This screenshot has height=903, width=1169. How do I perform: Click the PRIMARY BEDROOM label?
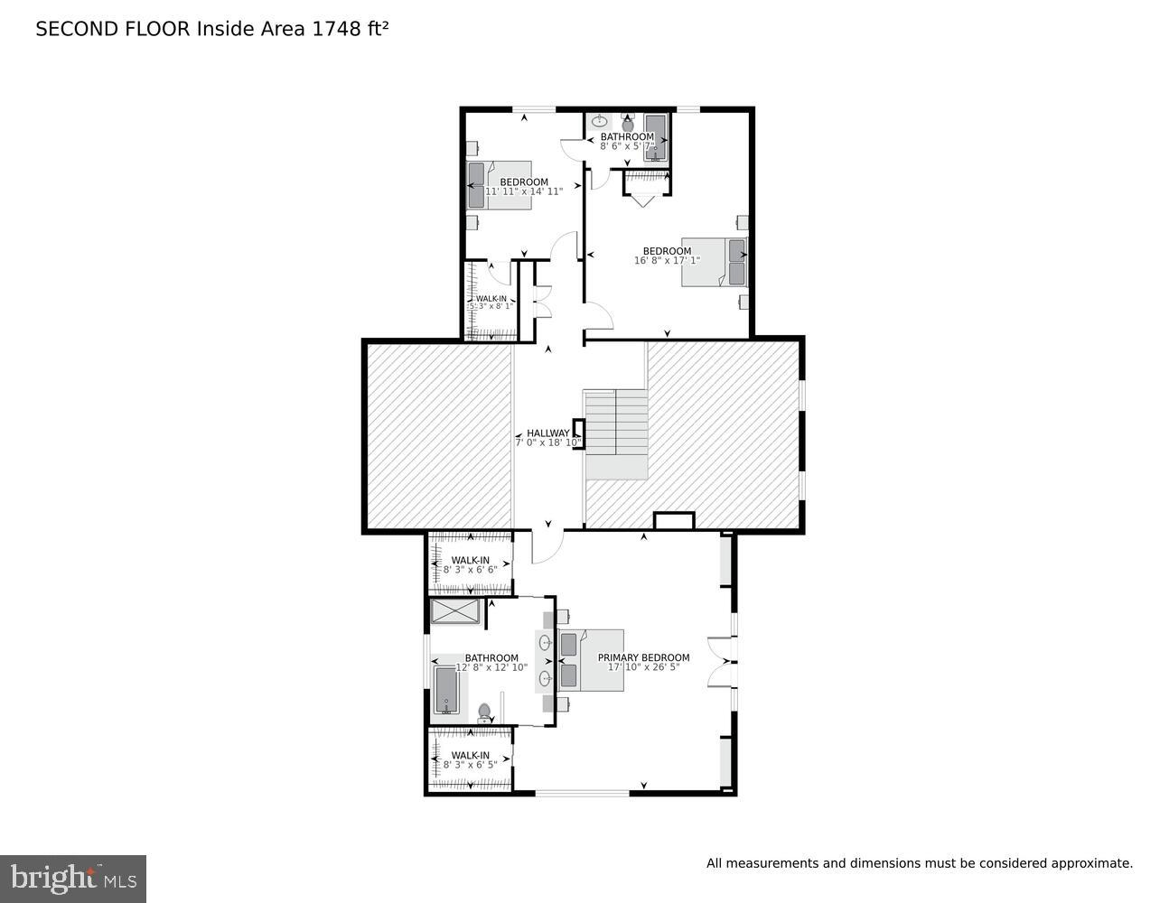(x=643, y=657)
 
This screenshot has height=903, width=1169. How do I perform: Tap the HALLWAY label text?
(x=547, y=433)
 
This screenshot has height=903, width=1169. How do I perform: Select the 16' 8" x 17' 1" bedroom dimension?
(x=667, y=261)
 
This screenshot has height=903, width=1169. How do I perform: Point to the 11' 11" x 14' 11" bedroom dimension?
(x=524, y=191)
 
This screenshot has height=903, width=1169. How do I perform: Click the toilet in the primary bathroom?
(x=485, y=713)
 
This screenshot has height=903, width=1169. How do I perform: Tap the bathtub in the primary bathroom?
(x=446, y=690)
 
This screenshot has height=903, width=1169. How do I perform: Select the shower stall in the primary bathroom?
(x=455, y=611)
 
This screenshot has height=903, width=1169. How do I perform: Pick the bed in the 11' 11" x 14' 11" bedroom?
(x=498, y=184)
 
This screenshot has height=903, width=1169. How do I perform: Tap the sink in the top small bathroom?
(x=599, y=120)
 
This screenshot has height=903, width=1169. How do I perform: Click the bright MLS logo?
(x=73, y=878)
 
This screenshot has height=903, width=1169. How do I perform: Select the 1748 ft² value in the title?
(x=351, y=29)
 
